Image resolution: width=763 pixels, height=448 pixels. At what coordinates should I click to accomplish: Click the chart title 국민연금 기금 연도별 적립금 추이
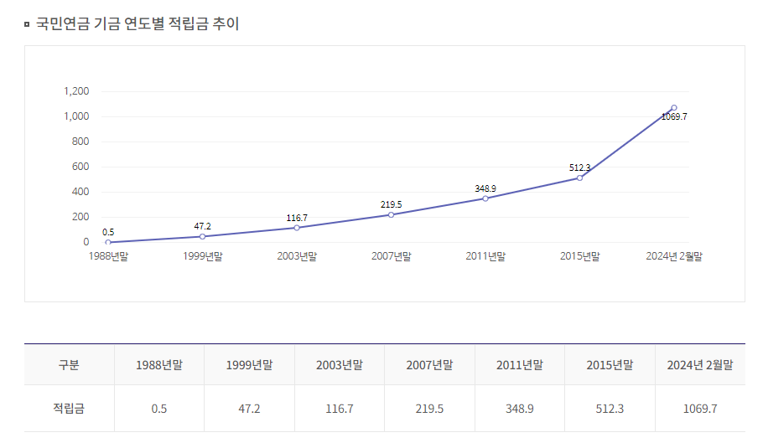pos(138,23)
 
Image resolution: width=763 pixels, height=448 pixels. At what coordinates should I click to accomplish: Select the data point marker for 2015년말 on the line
pos(579,178)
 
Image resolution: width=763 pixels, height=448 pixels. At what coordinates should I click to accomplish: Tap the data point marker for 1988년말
pos(108,242)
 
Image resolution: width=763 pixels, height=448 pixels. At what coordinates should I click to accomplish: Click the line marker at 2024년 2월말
pos(674,108)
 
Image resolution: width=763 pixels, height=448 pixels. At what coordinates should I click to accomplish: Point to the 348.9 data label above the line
pos(485,188)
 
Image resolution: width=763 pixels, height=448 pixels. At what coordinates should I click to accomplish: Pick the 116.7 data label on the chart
pos(297,218)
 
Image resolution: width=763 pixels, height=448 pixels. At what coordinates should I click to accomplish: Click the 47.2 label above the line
pos(203,226)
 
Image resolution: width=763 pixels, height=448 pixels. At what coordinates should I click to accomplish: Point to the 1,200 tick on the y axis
pos(76,91)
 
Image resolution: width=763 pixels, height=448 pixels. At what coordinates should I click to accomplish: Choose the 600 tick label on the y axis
pos(80,167)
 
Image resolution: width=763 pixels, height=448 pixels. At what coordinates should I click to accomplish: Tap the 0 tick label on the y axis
pos(86,242)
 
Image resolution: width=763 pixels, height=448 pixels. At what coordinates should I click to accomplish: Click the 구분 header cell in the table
pos(69,365)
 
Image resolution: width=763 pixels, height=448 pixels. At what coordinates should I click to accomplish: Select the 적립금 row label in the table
pos(69,409)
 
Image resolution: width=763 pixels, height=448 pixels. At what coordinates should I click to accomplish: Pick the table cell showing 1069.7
pos(700,409)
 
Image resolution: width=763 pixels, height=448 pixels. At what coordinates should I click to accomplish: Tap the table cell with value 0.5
pos(159,409)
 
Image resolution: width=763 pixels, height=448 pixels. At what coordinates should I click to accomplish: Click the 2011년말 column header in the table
pos(520,365)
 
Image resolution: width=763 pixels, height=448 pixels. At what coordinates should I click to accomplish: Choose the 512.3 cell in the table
pos(610,409)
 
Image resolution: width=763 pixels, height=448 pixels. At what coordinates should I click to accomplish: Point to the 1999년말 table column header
pos(249,365)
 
